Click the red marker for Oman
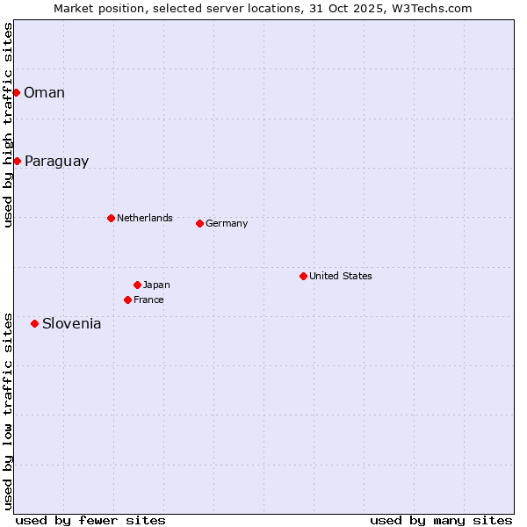pyautogui.click(x=16, y=92)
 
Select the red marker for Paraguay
pyautogui.click(x=17, y=161)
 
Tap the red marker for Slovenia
pyautogui.click(x=34, y=323)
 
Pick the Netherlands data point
pyautogui.click(x=111, y=218)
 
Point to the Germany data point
pyautogui.click(x=199, y=223)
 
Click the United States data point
pyautogui.click(x=303, y=276)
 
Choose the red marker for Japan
pyautogui.click(x=137, y=285)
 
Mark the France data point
pyautogui.click(x=127, y=300)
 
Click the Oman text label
pyautogui.click(x=44, y=92)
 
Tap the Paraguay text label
pyautogui.click(x=56, y=162)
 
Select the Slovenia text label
pyautogui.click(x=71, y=324)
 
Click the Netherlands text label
pyautogui.click(x=145, y=218)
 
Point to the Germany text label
pyautogui.click(x=227, y=223)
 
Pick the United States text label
pyautogui.click(x=341, y=276)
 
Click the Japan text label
pyautogui.click(x=156, y=285)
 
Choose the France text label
pyautogui.click(x=148, y=300)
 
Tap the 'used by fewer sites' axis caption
pyautogui.click(x=90, y=520)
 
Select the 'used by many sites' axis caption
pyautogui.click(x=441, y=520)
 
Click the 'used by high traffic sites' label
pyautogui.click(x=8, y=125)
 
